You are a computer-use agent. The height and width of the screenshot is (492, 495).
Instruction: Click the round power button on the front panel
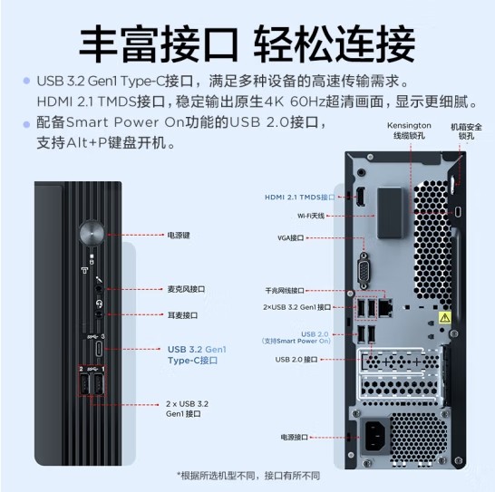coord(92,234)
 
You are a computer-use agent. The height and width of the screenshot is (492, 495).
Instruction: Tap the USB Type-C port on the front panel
coord(99,349)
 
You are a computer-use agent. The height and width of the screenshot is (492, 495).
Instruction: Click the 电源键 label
coord(179,235)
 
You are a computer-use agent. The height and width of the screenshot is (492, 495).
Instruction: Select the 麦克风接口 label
coord(186,289)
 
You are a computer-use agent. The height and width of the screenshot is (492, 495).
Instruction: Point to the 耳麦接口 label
coord(182,315)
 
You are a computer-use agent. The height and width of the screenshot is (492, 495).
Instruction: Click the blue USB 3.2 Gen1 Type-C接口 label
coord(197,354)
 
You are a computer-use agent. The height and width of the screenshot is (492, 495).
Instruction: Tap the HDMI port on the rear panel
coord(361,196)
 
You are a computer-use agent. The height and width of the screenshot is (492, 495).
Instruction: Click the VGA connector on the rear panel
coord(364,270)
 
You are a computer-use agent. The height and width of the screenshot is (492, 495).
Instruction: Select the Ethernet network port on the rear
coord(385,307)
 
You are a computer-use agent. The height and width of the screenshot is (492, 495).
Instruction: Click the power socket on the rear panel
coord(376,436)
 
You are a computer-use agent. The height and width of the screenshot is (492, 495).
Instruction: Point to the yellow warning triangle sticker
coord(445,317)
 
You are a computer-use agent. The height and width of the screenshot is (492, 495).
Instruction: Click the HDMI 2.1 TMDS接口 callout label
coord(299,198)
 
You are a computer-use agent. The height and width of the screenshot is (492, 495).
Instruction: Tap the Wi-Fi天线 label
coord(311,216)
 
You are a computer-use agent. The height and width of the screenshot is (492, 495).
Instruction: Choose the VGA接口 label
coord(290,237)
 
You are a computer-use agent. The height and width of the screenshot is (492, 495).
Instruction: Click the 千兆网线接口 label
coord(285,290)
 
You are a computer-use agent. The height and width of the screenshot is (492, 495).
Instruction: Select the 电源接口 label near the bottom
coord(295,437)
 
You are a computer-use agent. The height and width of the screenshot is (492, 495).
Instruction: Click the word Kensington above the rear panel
coord(409,125)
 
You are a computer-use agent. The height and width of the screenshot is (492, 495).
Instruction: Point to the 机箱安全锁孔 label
coord(466,131)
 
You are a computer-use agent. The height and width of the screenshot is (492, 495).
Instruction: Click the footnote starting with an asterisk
coord(248,476)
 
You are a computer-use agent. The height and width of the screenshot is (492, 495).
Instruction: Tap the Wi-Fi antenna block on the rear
coord(390,212)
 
